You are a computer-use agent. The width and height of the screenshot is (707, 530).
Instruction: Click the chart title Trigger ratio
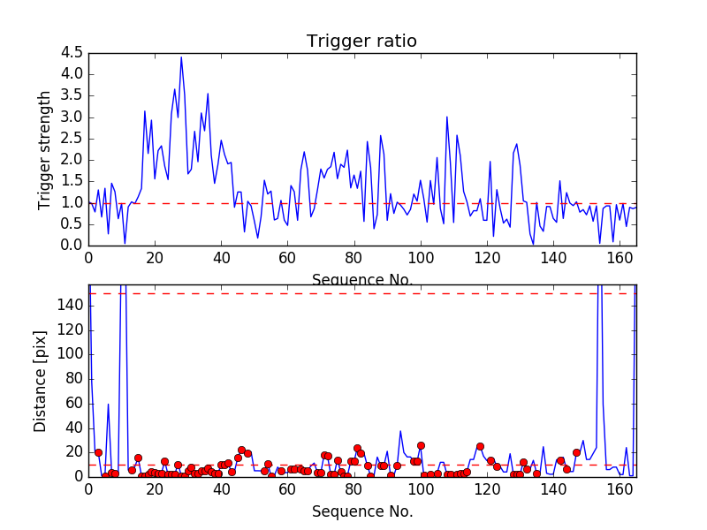pyautogui.click(x=361, y=42)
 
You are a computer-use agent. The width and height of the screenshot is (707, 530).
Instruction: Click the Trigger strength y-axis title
pyautogui.click(x=45, y=149)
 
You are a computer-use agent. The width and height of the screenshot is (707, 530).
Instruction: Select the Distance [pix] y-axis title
pyautogui.click(x=41, y=381)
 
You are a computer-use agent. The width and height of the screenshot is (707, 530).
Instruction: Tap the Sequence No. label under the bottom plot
pyautogui.click(x=361, y=511)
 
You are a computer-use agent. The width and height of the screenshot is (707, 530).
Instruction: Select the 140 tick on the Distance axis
pyautogui.click(x=68, y=306)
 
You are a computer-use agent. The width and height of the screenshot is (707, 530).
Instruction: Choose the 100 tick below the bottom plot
pyautogui.click(x=421, y=488)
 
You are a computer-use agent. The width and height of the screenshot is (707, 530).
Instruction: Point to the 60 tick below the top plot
pyautogui.click(x=288, y=258)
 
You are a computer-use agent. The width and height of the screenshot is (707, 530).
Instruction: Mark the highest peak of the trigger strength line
pyautogui.click(x=181, y=57)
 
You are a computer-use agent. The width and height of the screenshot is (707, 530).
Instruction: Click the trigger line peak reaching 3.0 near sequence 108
pyautogui.click(x=447, y=117)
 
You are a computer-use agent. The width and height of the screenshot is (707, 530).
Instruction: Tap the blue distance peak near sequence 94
pyautogui.click(x=400, y=431)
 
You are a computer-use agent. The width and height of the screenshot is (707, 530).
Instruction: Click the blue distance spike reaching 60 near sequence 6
pyautogui.click(x=109, y=405)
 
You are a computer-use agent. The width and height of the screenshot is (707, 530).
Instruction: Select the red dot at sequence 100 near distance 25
pyautogui.click(x=421, y=446)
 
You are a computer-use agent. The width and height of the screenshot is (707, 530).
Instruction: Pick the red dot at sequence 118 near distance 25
pyautogui.click(x=480, y=446)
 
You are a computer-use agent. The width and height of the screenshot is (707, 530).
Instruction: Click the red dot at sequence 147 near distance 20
pyautogui.click(x=576, y=452)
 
